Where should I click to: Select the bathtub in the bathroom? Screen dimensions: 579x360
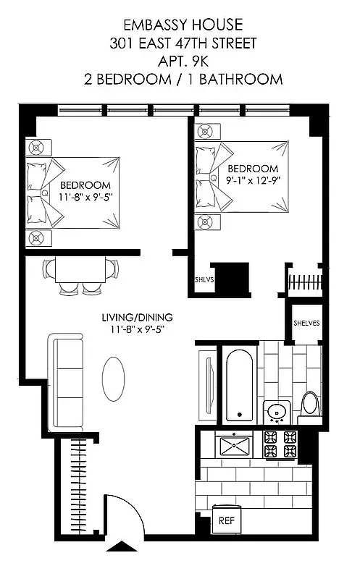click(x=238, y=386)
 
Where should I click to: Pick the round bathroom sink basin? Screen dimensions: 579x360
click(x=275, y=413)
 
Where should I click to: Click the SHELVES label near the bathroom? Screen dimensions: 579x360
click(x=306, y=324)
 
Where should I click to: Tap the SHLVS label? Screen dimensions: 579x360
click(x=204, y=278)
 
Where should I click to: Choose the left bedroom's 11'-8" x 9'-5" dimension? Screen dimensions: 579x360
click(x=85, y=196)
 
